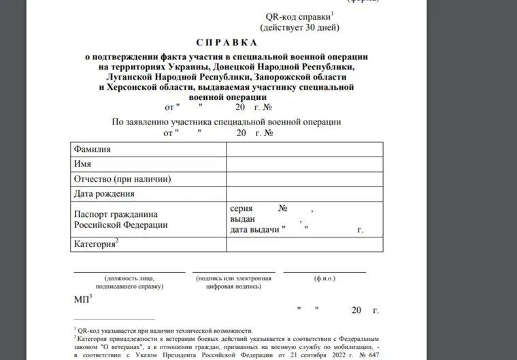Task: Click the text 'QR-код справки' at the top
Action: (293, 16)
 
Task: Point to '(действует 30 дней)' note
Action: (299, 27)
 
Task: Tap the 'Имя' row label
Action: (82, 164)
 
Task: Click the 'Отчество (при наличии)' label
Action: (121, 179)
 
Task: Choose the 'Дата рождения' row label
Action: (103, 194)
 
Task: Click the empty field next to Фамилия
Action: (303, 149)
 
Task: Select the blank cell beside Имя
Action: (303, 164)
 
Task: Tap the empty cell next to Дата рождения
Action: (303, 194)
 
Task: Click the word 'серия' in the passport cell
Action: (243, 208)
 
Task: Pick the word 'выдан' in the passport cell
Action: (243, 219)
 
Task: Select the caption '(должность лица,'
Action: (129, 279)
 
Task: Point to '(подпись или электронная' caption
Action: (233, 279)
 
